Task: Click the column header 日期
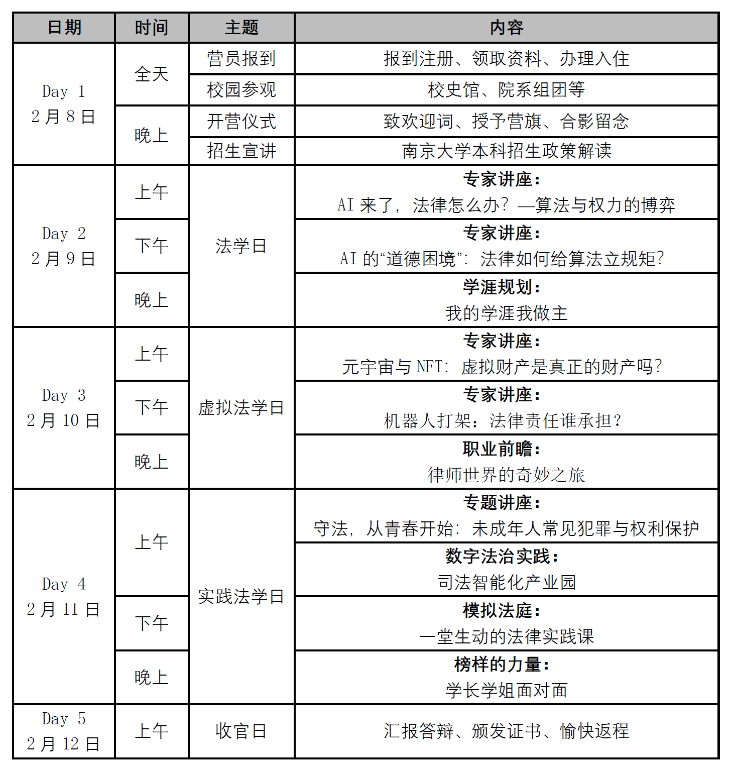64,28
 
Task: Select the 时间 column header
152,28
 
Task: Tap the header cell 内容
506,28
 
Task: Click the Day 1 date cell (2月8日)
64,104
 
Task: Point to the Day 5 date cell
64,731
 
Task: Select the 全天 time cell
152,74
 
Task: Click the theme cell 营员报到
241,59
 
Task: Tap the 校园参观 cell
241,90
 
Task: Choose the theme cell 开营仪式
241,121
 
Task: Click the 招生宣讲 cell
241,151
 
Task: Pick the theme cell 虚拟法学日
241,407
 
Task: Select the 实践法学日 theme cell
241,596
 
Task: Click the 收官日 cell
241,731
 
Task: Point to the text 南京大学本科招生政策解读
506,151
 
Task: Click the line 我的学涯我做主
506,313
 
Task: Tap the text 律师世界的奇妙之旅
506,475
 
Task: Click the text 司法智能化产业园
506,583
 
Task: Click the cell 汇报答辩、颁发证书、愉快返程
506,731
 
